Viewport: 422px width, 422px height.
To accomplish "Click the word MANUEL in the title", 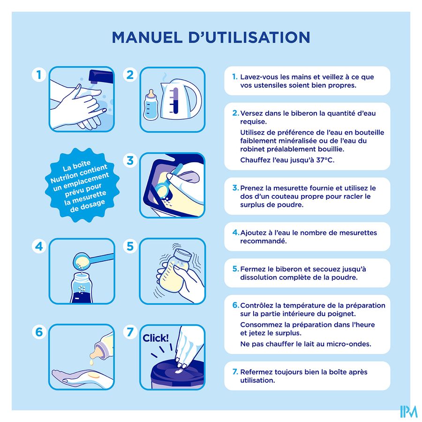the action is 147,37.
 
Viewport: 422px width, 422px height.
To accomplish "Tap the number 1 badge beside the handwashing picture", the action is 39,75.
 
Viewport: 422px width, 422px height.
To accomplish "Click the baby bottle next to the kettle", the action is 151,105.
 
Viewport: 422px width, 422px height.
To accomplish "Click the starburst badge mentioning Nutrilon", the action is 83,185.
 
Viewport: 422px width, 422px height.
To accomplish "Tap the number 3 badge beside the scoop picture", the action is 130,160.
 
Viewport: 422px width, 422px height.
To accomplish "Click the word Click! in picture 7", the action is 156,338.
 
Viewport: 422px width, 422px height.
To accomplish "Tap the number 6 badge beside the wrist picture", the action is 39,332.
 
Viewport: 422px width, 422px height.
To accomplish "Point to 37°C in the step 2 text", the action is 325,160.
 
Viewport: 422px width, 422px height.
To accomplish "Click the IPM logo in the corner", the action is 408,412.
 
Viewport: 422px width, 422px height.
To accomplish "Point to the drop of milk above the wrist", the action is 91,363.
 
